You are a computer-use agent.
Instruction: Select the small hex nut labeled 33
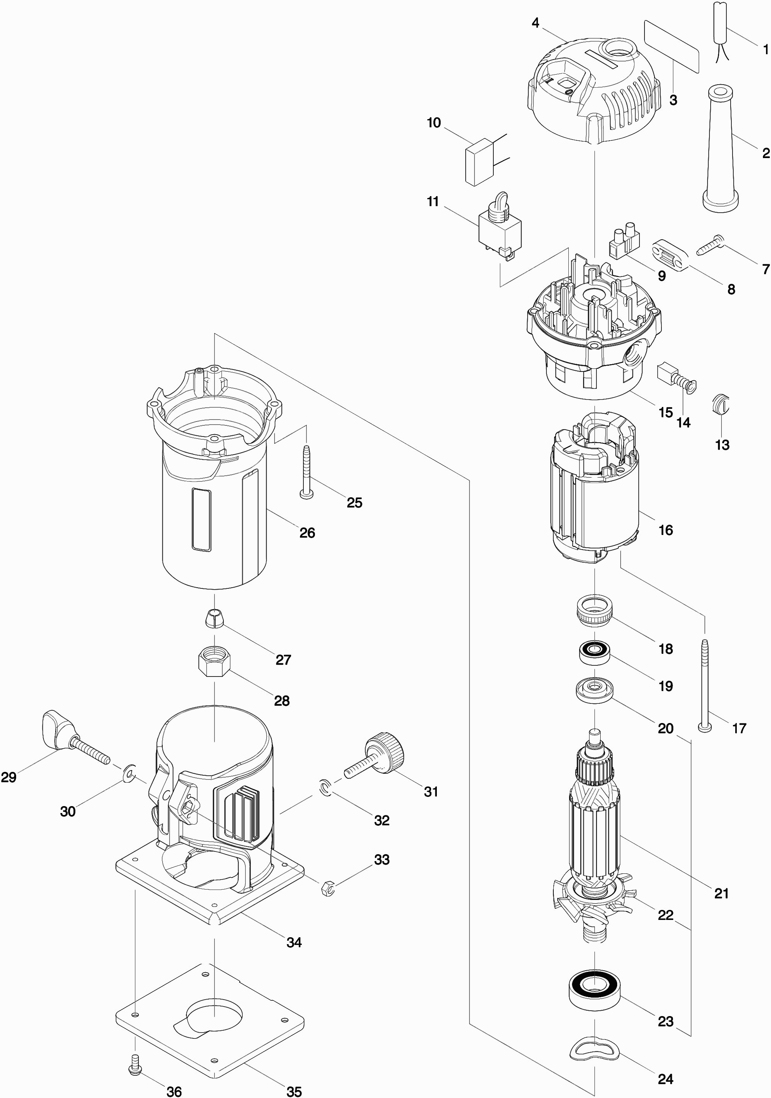coord(328,888)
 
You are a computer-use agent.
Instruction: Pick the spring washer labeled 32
coord(325,787)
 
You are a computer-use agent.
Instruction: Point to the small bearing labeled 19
coord(594,651)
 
